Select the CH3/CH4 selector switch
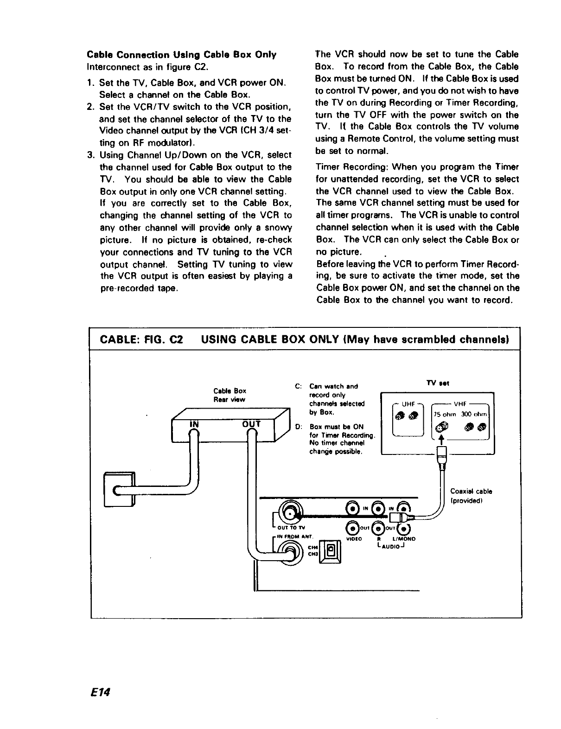point(331,551)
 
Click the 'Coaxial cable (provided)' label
point(471,495)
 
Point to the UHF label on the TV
point(408,403)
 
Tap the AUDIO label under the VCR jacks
point(391,545)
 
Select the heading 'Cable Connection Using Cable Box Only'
point(181,55)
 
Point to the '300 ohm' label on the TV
point(476,414)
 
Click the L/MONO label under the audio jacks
point(404,539)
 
